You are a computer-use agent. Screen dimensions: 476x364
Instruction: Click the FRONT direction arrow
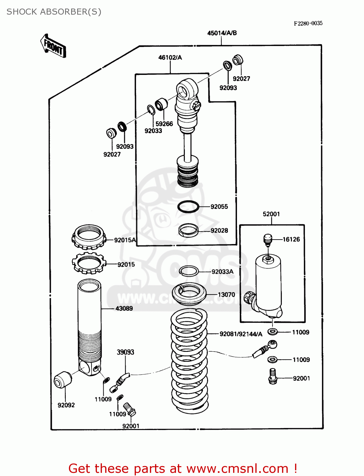click(53, 46)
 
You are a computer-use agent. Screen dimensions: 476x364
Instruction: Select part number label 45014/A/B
click(222, 33)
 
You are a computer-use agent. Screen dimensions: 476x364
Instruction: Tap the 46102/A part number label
click(170, 57)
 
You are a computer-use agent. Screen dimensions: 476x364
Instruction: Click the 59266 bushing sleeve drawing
click(161, 104)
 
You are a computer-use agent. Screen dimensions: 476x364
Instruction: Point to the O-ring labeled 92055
click(188, 207)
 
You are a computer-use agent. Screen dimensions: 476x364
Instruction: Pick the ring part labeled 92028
click(188, 230)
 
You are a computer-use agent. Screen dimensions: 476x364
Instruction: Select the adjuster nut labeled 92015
click(88, 263)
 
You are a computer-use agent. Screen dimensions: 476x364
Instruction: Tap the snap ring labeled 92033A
click(189, 271)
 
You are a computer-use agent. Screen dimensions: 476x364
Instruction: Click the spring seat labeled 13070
click(189, 294)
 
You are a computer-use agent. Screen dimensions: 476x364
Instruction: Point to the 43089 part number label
click(124, 308)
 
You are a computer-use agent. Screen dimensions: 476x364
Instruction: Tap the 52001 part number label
click(271, 214)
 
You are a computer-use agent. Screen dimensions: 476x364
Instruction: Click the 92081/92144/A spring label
click(241, 334)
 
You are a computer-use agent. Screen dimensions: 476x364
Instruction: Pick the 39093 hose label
click(125, 352)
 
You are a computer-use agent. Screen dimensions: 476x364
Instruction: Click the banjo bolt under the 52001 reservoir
click(273, 376)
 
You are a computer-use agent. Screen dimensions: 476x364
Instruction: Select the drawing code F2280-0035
click(308, 23)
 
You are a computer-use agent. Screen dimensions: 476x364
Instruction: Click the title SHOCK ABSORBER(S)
click(54, 12)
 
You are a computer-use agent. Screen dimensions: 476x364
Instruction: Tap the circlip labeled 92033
click(151, 109)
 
